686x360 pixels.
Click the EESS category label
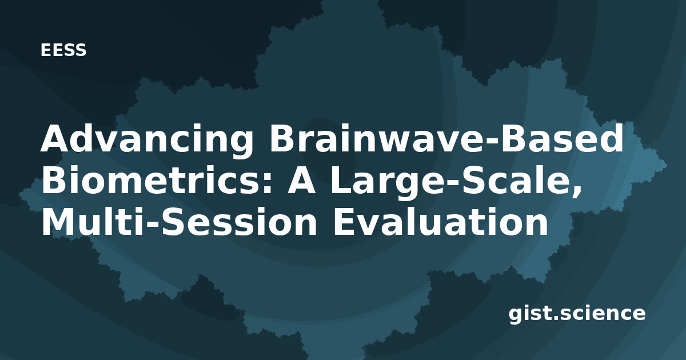63,50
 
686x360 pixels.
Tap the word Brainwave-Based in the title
446,138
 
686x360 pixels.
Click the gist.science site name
577,314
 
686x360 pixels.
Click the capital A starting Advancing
55,138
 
